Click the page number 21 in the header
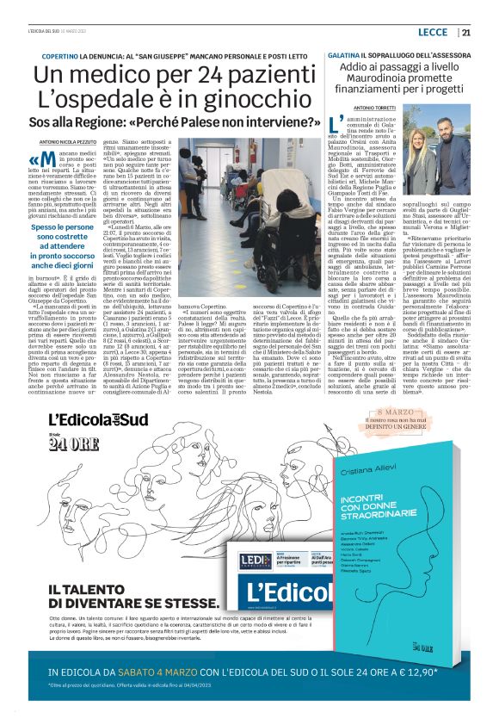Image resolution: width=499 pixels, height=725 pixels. tap(466, 33)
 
